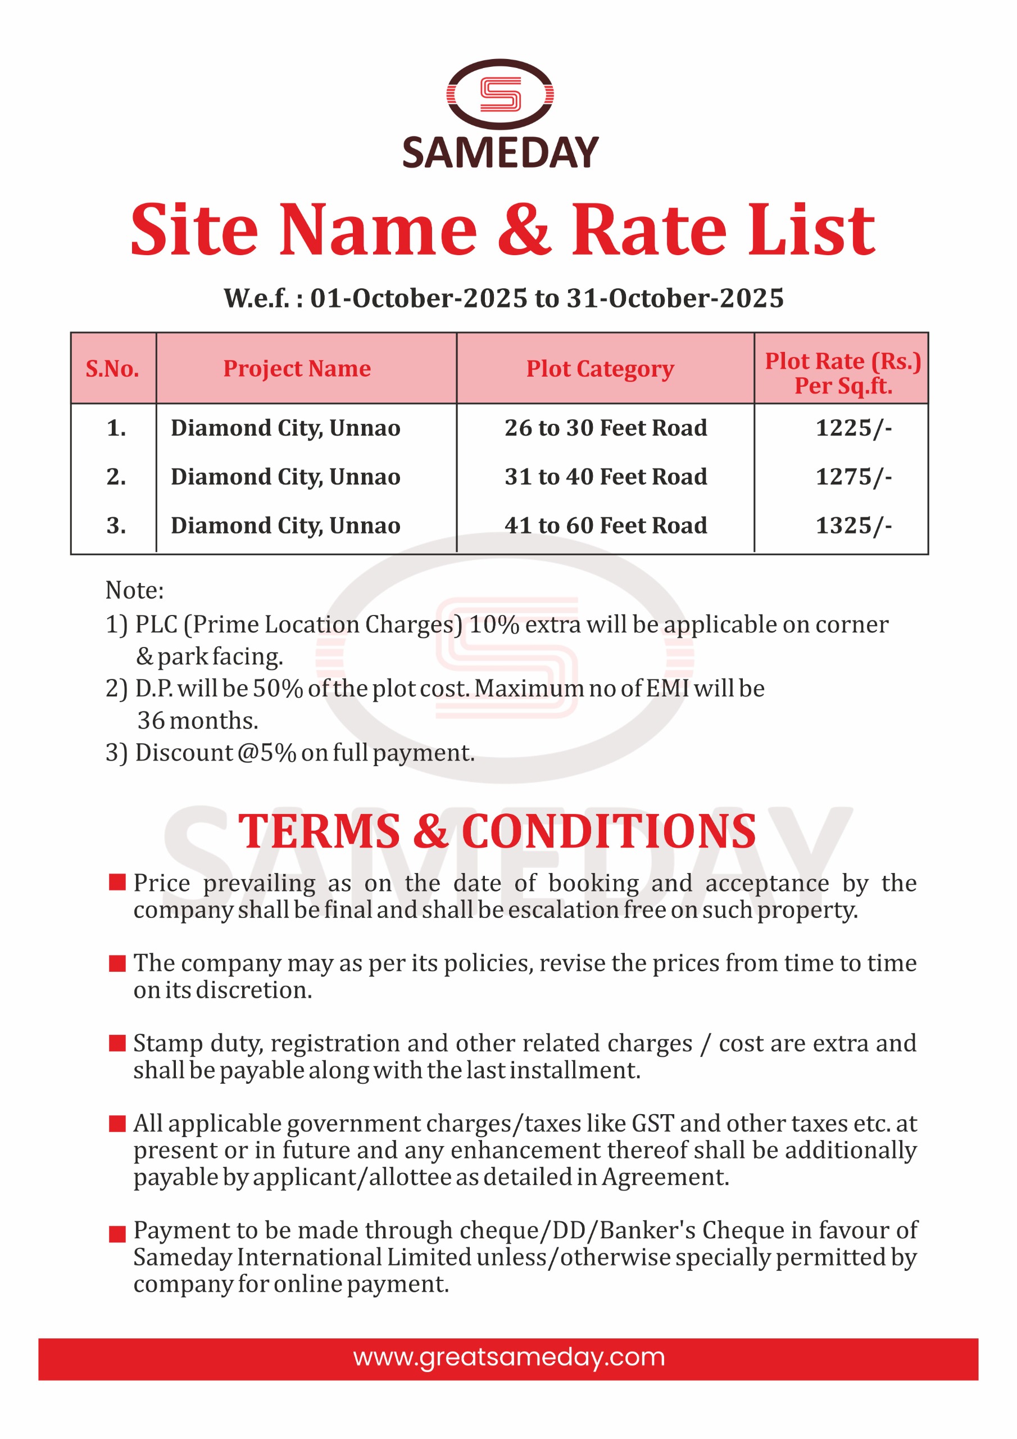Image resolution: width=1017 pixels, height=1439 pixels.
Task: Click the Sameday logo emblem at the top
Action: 500,94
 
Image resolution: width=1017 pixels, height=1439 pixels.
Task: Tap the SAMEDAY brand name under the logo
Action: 500,153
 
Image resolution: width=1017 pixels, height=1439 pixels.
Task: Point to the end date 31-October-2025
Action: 675,298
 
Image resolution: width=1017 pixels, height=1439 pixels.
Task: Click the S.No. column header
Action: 112,369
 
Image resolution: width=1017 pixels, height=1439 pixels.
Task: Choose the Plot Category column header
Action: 600,369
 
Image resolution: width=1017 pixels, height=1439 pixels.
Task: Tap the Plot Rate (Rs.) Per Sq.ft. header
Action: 842,373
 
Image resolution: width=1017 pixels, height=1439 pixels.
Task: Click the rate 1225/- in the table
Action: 853,428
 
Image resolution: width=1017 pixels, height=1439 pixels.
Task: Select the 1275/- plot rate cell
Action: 853,477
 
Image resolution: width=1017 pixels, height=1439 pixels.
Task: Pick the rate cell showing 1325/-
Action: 853,526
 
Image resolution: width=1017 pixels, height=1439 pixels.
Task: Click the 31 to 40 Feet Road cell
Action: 605,477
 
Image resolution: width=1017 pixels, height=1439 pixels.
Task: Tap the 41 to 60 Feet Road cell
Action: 605,526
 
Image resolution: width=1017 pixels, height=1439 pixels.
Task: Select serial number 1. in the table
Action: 116,428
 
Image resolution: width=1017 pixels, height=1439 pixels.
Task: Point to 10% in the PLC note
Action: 494,625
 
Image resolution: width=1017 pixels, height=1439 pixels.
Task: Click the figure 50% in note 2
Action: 278,689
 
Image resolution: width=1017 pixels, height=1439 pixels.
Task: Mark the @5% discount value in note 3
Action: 267,753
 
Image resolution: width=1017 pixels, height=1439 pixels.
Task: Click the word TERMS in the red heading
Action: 319,832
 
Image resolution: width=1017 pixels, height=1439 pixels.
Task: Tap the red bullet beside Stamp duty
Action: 117,1043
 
